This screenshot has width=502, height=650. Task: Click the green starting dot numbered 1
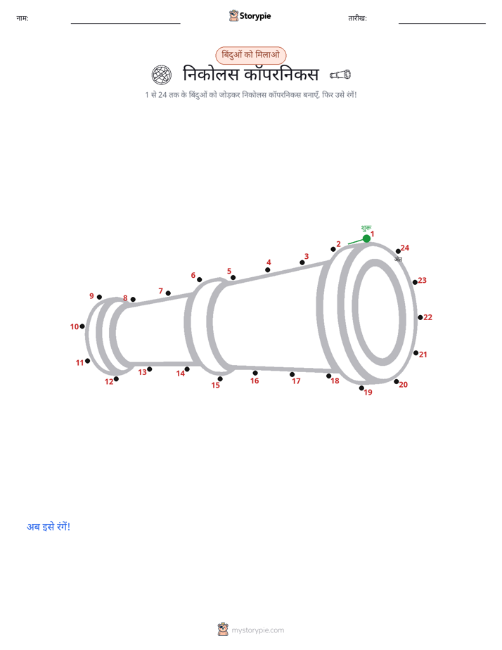[366, 238]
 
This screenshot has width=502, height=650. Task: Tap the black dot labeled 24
[398, 251]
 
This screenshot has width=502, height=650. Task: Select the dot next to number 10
[82, 326]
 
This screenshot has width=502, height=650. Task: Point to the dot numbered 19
[361, 388]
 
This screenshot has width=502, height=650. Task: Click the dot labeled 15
[220, 379]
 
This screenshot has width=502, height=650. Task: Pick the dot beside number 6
[199, 280]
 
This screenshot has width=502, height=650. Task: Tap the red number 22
[428, 317]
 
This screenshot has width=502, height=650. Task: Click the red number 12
[109, 382]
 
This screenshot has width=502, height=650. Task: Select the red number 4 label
[269, 262]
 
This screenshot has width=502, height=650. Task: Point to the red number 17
[296, 381]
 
